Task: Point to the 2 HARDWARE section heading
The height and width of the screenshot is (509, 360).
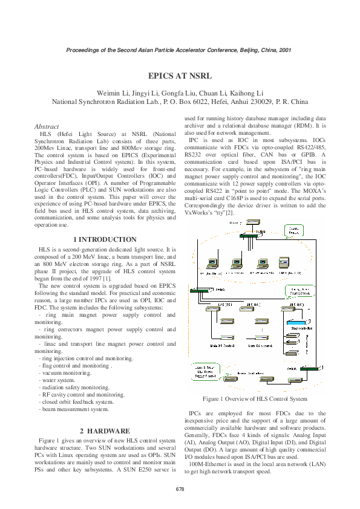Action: click(105, 430)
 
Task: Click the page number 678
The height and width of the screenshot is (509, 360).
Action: click(180, 488)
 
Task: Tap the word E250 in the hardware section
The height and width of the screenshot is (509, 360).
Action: click(137, 469)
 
